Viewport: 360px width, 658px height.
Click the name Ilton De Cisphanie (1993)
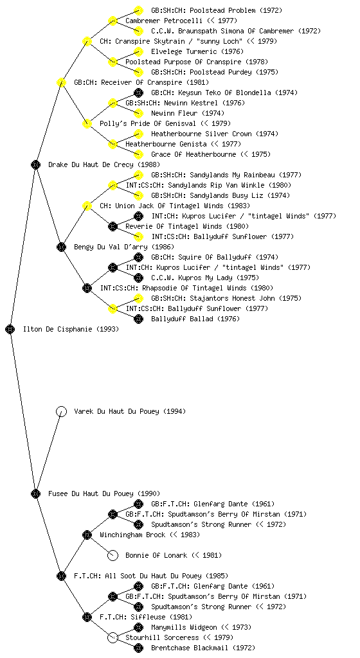(x=71, y=330)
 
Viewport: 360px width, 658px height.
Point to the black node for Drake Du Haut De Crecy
(x=35, y=164)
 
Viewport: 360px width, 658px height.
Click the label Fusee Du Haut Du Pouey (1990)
(x=104, y=494)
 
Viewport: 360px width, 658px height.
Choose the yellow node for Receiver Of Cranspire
(x=61, y=82)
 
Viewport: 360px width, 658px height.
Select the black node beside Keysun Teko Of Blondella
(x=138, y=93)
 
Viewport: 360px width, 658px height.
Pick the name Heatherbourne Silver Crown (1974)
(x=215, y=134)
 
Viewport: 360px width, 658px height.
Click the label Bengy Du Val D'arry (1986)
(x=124, y=247)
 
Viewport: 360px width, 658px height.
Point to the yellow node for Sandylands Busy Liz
(x=138, y=195)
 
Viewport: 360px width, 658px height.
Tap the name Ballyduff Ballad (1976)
(x=195, y=319)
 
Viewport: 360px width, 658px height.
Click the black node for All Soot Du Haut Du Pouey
(x=61, y=576)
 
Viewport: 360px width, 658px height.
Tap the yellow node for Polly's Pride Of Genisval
(x=87, y=123)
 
